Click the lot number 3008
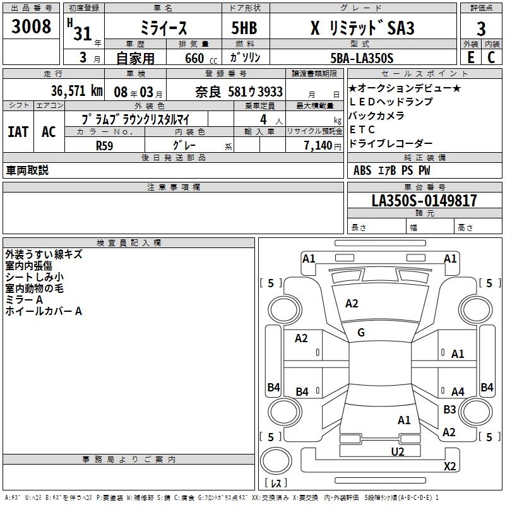click(x=32, y=27)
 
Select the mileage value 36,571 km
click(x=77, y=91)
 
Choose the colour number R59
click(x=104, y=145)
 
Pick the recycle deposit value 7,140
click(x=313, y=145)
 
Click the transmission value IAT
click(x=18, y=131)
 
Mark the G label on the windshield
click(x=361, y=333)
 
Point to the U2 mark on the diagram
click(x=397, y=451)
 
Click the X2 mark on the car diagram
click(x=450, y=466)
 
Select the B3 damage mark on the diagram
click(x=449, y=410)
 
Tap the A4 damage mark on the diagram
click(x=458, y=392)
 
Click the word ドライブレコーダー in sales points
click(x=391, y=143)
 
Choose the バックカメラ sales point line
click(x=377, y=116)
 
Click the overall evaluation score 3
click(x=481, y=28)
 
